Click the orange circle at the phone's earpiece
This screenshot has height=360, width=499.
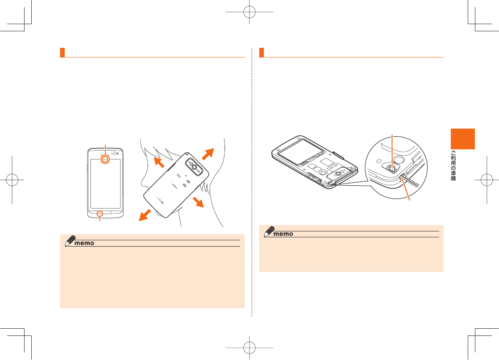click(x=104, y=159)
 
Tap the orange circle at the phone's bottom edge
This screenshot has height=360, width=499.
click(x=100, y=213)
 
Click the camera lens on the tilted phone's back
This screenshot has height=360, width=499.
click(x=195, y=167)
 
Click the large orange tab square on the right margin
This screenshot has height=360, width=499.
click(x=462, y=139)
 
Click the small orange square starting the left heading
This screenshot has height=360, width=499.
click(x=62, y=52)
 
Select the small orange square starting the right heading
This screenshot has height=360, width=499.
click(x=261, y=52)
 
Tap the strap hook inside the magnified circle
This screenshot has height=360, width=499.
click(x=392, y=169)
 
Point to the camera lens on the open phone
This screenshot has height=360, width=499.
click(x=338, y=173)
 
